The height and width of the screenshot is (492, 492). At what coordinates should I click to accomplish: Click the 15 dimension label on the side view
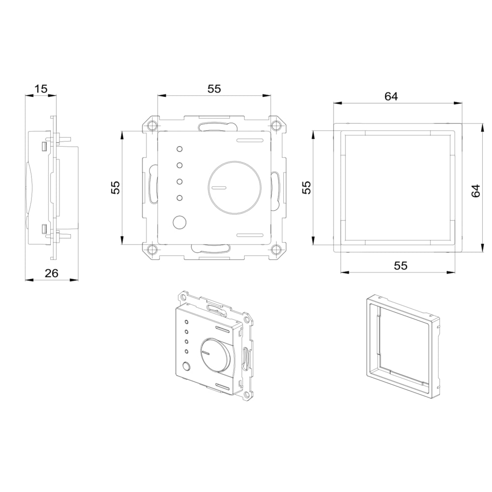[x=41, y=89]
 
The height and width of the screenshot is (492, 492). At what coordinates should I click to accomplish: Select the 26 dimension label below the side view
[x=52, y=273]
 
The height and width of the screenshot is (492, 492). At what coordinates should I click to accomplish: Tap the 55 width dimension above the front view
[x=215, y=89]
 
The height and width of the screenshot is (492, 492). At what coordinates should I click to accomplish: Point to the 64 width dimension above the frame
[x=391, y=96]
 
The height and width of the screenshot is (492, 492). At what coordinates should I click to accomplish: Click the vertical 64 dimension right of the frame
[x=476, y=191]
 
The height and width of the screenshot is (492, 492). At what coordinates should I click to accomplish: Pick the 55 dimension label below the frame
[x=400, y=266]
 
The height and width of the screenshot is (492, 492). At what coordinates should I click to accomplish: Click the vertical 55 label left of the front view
[x=116, y=187]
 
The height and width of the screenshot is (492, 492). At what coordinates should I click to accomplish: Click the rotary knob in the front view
[x=235, y=187]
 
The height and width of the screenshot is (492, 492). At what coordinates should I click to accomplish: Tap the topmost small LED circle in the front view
[x=180, y=149]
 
